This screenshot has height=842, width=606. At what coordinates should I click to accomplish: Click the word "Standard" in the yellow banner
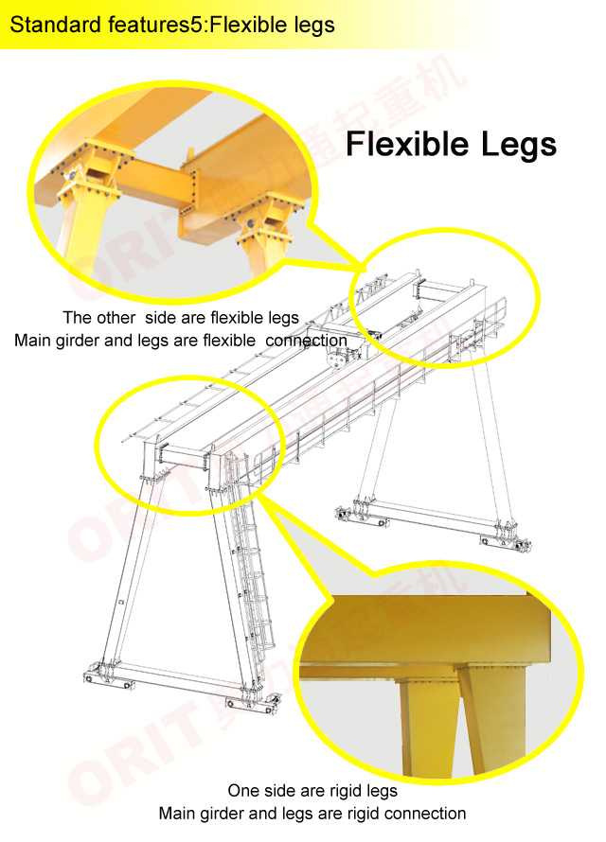(x=56, y=25)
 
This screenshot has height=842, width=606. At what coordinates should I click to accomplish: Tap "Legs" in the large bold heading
(x=519, y=145)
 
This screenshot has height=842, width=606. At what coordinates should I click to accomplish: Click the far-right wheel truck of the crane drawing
(x=506, y=539)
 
